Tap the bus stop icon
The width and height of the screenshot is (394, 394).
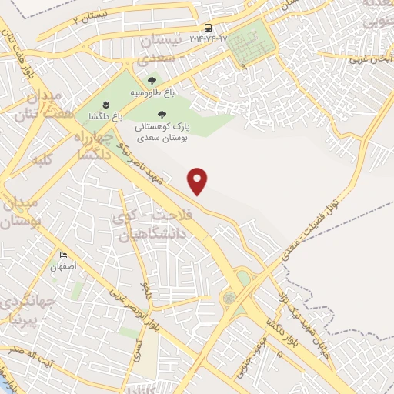[209, 28]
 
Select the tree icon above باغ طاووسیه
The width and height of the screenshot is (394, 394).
[152, 80]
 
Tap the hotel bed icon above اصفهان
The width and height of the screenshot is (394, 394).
[63, 255]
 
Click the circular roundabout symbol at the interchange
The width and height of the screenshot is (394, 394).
[229, 297]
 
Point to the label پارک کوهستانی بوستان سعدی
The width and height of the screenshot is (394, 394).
[162, 133]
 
